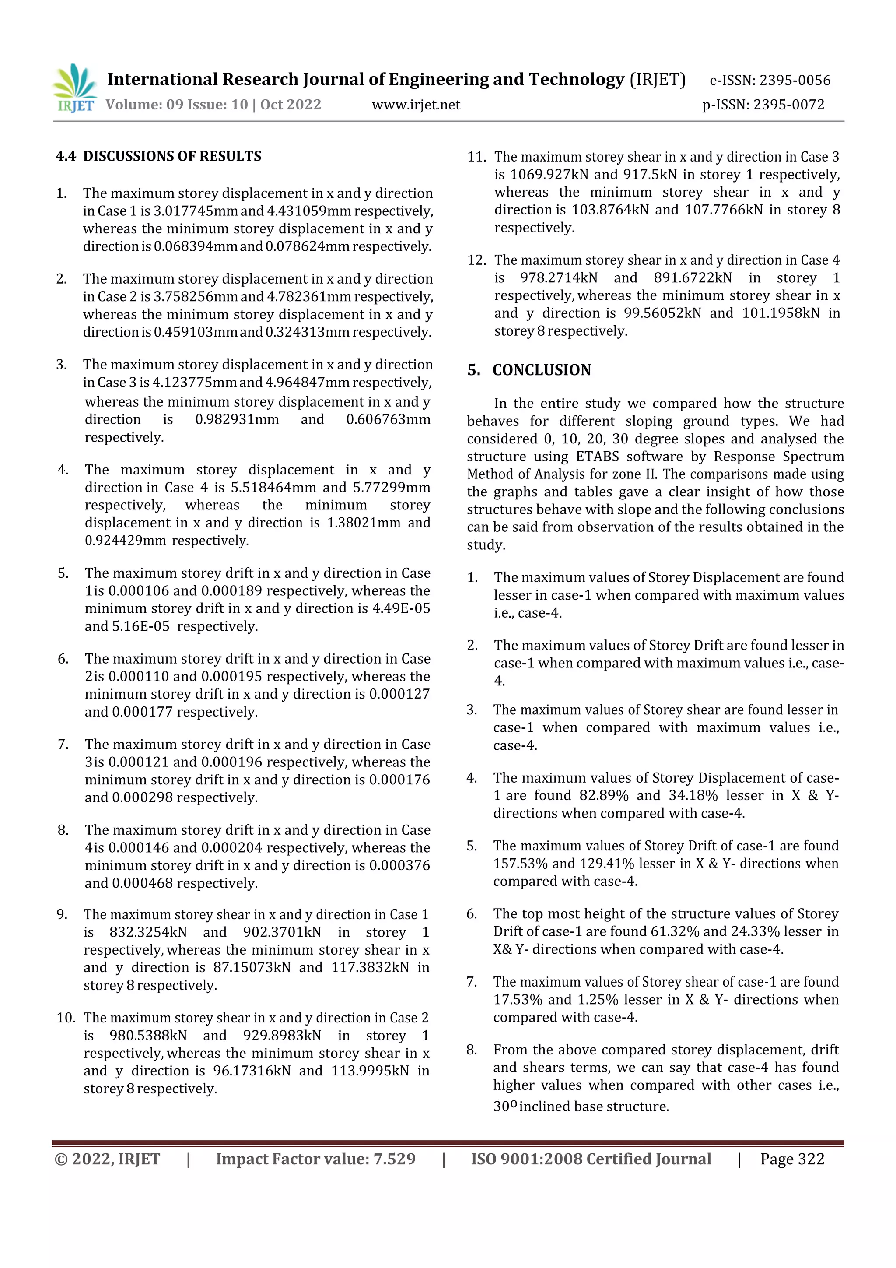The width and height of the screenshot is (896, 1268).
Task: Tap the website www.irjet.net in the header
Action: click(x=416, y=105)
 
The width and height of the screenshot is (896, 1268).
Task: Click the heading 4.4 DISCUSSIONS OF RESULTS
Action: click(x=158, y=156)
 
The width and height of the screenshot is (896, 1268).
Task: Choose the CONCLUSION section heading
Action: click(x=541, y=370)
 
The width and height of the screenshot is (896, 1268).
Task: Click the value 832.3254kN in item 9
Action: click(x=148, y=932)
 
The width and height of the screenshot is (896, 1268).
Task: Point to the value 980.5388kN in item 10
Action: click(x=148, y=1036)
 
